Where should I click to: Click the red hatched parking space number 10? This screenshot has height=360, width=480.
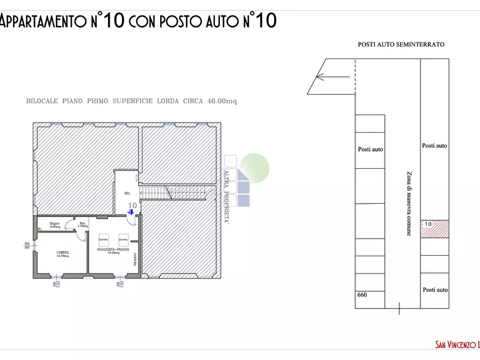coord(434,228)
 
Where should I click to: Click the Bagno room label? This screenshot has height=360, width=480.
coord(54,224)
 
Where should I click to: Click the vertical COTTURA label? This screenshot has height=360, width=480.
coord(134,259)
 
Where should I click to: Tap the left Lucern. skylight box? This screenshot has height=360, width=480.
coord(104,239)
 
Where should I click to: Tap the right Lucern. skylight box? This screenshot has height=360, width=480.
coord(123,239)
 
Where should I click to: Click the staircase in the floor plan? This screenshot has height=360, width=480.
coord(172,192)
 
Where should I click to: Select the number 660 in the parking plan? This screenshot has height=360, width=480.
coord(362,295)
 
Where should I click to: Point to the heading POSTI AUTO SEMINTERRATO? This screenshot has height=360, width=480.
coord(401,45)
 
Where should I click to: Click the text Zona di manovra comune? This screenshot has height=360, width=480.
coord(409,204)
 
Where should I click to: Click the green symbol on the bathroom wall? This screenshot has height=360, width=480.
coord(39,229)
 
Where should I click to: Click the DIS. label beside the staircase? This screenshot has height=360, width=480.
coord(127,193)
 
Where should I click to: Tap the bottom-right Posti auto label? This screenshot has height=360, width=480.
coord(434,290)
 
